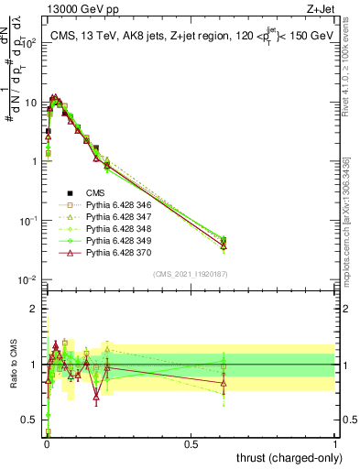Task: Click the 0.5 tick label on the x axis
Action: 191,444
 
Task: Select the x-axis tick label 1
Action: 335,444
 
